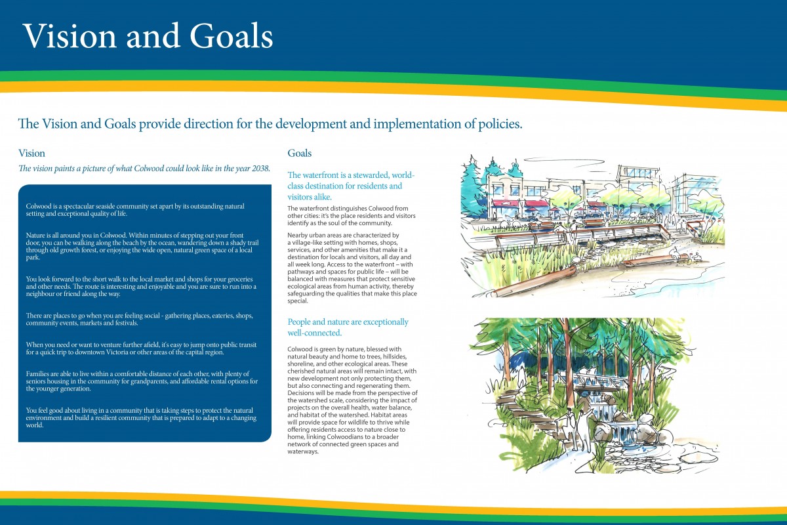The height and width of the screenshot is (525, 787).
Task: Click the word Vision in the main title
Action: [x=70, y=36]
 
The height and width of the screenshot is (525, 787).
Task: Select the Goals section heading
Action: [x=299, y=153]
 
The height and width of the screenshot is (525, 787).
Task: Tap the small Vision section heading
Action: [x=31, y=154]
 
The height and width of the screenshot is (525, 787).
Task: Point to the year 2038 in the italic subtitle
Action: [x=260, y=169]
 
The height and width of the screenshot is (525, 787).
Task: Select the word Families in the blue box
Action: [x=37, y=374]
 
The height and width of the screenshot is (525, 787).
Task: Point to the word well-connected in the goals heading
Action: [x=314, y=333]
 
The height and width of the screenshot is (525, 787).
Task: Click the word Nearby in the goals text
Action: [x=297, y=235]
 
